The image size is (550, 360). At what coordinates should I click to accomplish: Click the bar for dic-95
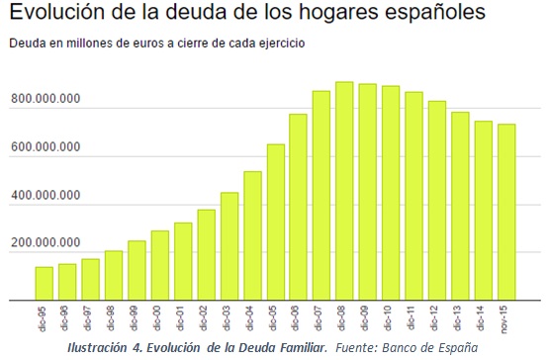tap(45, 283)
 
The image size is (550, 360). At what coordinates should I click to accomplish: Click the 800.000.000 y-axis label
tap(46, 100)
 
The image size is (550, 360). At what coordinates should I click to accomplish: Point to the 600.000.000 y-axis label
tap(46, 148)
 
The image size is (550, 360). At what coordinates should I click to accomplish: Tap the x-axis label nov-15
tap(507, 317)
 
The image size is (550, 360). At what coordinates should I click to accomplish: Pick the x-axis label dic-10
tap(392, 317)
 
